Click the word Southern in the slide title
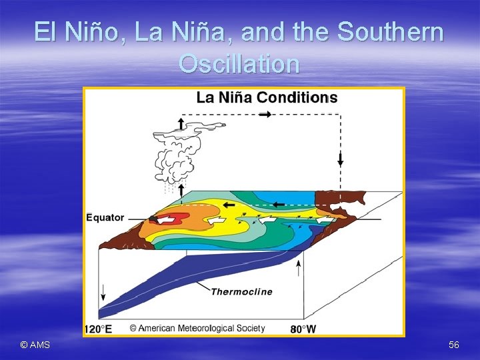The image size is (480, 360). [391, 31]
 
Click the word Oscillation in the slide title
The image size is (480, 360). [239, 64]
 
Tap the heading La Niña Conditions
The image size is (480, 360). [267, 97]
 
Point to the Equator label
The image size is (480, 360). [106, 217]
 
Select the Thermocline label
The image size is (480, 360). [241, 291]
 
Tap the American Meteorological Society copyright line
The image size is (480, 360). [197, 328]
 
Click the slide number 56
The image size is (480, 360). [454, 344]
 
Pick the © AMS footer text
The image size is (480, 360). [35, 344]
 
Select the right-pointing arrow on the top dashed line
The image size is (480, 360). [265, 115]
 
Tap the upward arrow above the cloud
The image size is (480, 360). [181, 123]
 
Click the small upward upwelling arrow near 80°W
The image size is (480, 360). [298, 268]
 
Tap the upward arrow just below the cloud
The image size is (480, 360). [181, 189]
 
